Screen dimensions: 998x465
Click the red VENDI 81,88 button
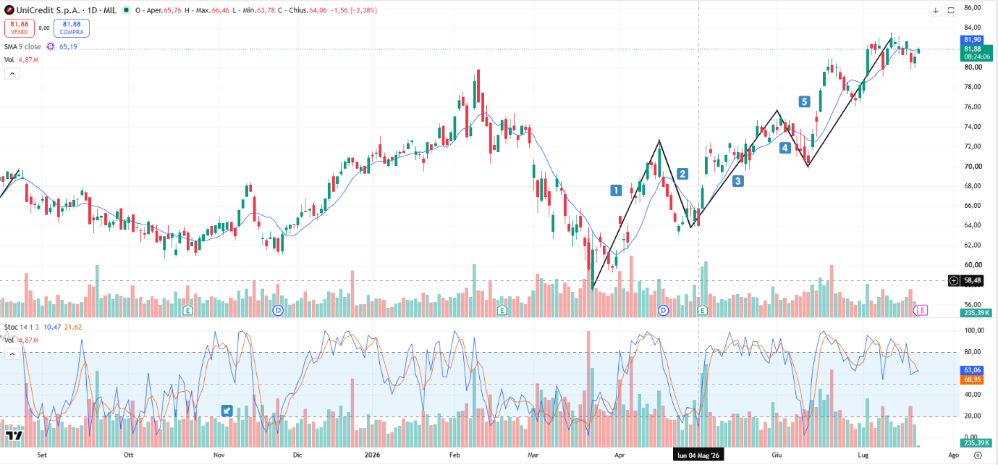pos(19,28)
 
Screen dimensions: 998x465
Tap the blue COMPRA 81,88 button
pos(71,28)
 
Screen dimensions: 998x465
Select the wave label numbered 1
pos(616,190)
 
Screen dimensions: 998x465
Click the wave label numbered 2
pos(682,174)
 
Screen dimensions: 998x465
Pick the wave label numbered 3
pos(737,180)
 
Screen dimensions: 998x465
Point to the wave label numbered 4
pos(785,148)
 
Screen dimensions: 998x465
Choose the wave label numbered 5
pos(804,101)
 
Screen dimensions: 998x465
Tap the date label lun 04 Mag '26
pos(698,455)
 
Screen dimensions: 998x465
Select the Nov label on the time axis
pos(219,455)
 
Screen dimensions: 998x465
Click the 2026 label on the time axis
pos(372,455)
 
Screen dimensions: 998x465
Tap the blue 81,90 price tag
pos(972,40)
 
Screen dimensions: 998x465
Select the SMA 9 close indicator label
pos(22,46)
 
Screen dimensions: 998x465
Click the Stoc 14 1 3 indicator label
pos(22,327)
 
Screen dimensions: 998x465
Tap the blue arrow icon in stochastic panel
pos(227,411)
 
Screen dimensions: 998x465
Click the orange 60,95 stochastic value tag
pos(972,380)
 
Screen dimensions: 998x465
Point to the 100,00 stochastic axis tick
pos(970,330)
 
